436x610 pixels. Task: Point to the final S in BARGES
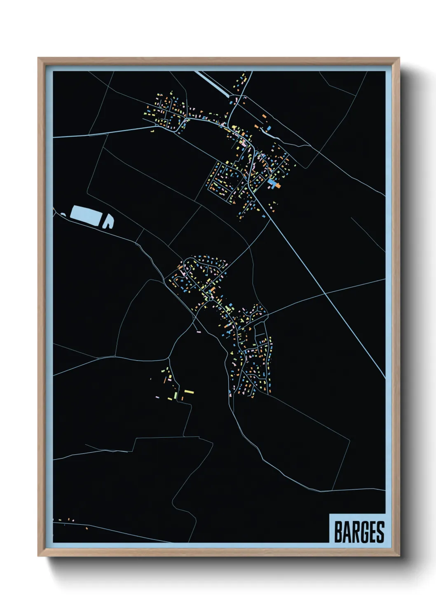(380, 532)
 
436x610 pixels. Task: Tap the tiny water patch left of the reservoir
(63, 214)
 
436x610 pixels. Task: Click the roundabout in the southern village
(211, 299)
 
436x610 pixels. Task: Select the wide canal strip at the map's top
(212, 84)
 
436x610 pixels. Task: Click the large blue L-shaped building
(271, 183)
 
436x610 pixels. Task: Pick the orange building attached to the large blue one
(278, 186)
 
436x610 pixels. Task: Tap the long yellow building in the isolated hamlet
(189, 391)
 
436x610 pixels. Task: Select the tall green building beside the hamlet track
(176, 396)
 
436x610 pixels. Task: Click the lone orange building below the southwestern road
(87, 528)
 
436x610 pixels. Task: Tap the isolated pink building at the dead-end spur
(198, 331)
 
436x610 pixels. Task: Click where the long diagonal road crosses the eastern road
(325, 293)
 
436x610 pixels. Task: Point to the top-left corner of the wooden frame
(38, 58)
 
